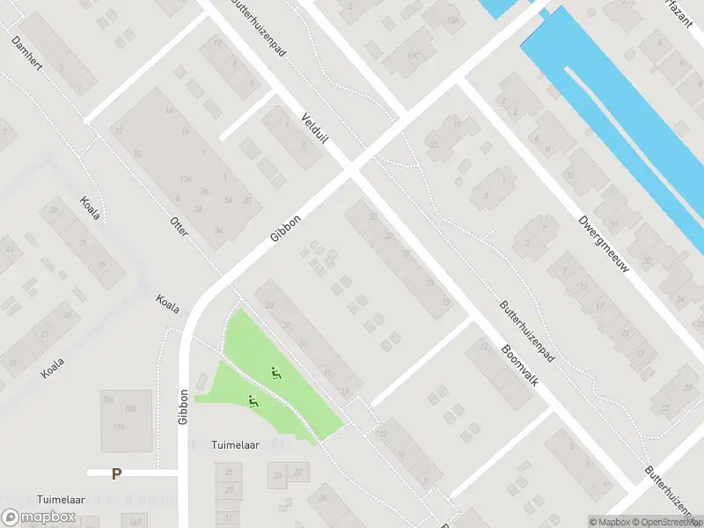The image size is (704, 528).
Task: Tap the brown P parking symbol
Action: point(116,473)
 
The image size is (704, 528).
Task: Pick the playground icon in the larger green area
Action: point(277,373)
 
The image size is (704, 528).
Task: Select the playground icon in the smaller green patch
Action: point(253,401)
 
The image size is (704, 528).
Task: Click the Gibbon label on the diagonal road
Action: point(287,229)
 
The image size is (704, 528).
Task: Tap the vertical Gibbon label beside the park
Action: point(184,407)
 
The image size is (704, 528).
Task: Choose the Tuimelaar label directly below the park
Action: point(236,444)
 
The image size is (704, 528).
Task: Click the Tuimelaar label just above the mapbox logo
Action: point(60,499)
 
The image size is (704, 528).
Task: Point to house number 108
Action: point(130,408)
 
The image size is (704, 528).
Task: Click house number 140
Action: point(135,523)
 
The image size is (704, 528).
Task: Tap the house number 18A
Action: point(453,21)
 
